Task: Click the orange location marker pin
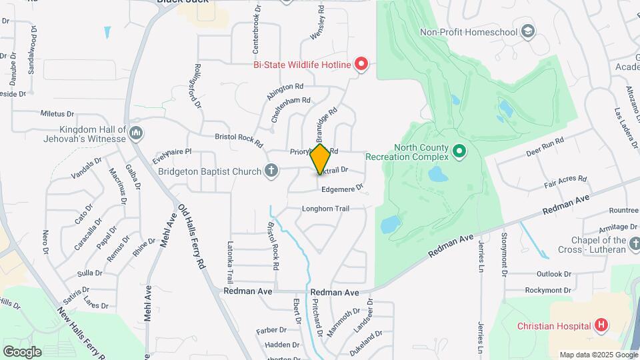tap(321, 159)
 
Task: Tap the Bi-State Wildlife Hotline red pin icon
tap(361, 64)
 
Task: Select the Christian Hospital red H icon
tap(601, 325)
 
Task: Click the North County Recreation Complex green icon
tap(459, 152)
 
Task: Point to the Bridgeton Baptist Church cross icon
tap(271, 171)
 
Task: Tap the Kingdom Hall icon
tap(136, 133)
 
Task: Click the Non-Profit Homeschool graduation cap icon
tap(528, 31)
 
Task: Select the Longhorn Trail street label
tap(325, 209)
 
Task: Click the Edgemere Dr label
tap(342, 189)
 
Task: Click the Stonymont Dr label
tap(504, 253)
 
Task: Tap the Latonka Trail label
tap(230, 262)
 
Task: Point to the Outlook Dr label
tap(554, 274)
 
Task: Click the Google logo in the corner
tap(22, 351)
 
